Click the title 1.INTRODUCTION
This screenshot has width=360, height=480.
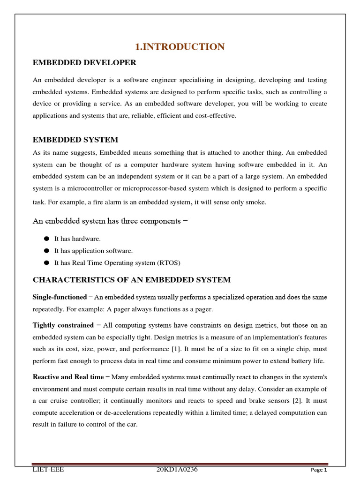pos(180,46)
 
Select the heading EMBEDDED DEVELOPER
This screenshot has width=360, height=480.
pos(84,62)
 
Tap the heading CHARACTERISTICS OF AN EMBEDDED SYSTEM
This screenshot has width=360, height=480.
pos(131,280)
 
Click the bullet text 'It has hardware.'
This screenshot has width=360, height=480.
pos(77,239)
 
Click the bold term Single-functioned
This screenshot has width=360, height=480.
pos(60,297)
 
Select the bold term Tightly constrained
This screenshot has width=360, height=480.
pos(63,325)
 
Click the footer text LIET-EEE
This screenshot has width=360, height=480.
pos(48,470)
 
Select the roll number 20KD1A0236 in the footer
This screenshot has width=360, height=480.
pos(177,470)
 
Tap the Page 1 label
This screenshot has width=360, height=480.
pos(318,470)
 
